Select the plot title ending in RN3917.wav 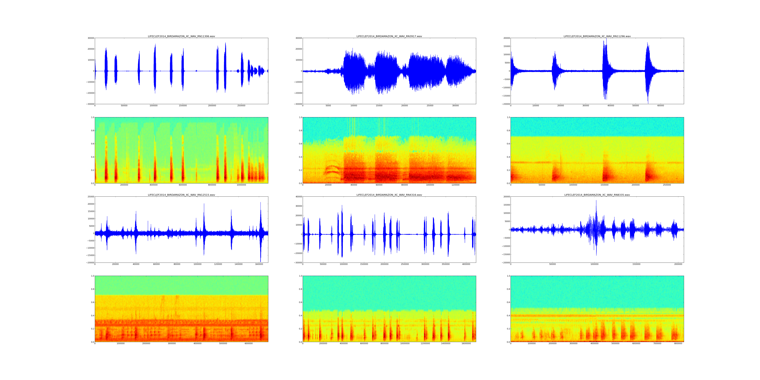(389, 36)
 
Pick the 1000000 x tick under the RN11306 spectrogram (241, 185)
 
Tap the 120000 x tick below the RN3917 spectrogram (455, 185)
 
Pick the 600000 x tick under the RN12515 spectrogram (249, 343)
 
